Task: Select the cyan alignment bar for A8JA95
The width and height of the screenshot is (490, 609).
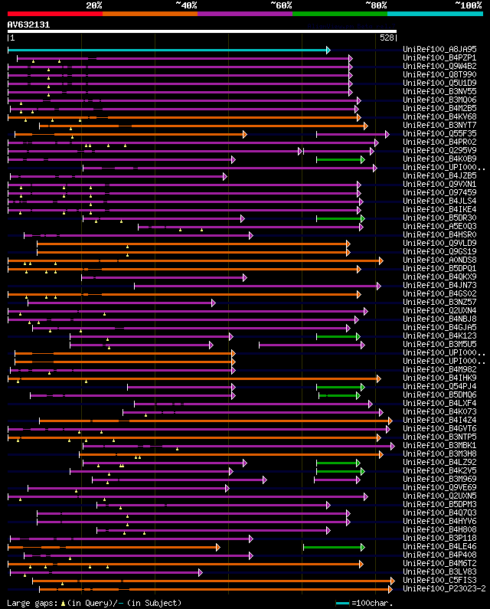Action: pyautogui.click(x=168, y=50)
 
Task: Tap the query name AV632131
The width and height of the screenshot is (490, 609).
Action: pyautogui.click(x=28, y=25)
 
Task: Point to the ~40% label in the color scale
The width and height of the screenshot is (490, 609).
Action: pyautogui.click(x=186, y=5)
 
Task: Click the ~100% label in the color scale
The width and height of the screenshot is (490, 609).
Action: pyautogui.click(x=468, y=5)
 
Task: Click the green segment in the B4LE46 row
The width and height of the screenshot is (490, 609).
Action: pyautogui.click(x=334, y=547)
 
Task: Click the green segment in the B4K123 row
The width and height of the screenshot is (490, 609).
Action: pyautogui.click(x=338, y=336)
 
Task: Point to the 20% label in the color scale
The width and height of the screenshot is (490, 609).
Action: pyautogui.click(x=94, y=5)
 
